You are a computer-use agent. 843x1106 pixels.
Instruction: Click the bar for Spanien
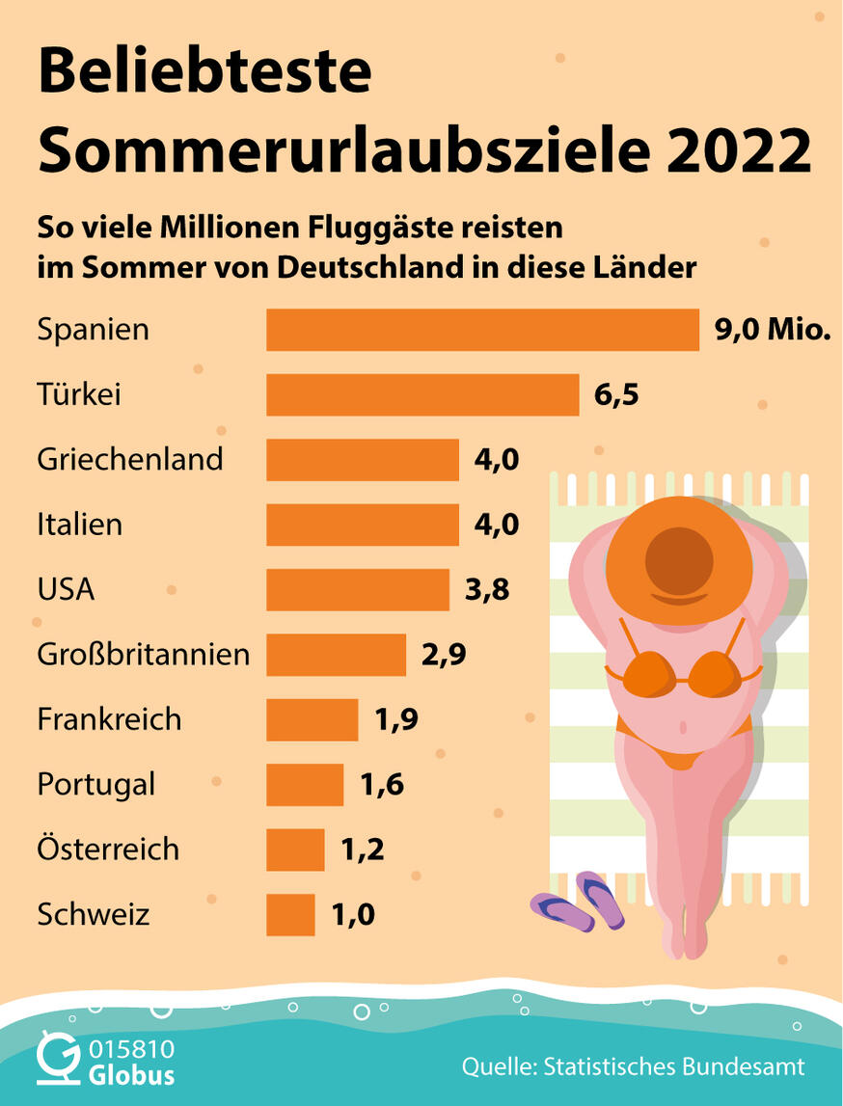click(482, 330)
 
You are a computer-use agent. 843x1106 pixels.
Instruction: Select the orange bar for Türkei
click(422, 394)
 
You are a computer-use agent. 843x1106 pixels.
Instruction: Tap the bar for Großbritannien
click(336, 655)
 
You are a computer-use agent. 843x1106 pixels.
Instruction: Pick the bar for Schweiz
click(290, 914)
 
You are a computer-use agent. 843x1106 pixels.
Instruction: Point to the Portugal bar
click(305, 784)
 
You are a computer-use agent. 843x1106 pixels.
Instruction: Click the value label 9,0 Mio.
click(772, 330)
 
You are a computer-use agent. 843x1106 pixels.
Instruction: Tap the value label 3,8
click(487, 589)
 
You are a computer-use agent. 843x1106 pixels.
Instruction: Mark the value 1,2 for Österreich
click(363, 850)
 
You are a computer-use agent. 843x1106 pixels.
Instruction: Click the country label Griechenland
click(130, 459)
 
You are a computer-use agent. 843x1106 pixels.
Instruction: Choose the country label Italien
click(80, 525)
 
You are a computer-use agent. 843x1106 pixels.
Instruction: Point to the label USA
click(66, 589)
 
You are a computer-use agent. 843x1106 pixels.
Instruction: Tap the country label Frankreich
click(109, 719)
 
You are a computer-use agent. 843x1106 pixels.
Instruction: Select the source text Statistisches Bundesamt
click(674, 1066)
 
